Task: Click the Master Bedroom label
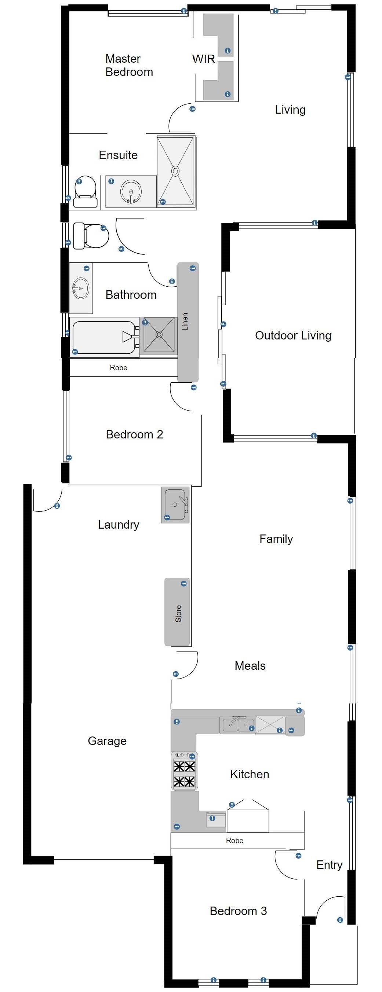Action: [x=129, y=65]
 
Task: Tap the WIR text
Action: [x=204, y=59]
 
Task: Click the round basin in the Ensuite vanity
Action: [x=131, y=191]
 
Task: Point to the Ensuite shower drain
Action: [x=175, y=170]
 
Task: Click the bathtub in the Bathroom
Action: [x=104, y=337]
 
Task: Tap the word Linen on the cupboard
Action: [x=185, y=321]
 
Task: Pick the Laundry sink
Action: [x=175, y=504]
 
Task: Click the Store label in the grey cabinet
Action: [x=178, y=613]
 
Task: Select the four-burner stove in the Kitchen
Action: [x=184, y=771]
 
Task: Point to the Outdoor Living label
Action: [x=293, y=335]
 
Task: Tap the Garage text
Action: [x=107, y=741]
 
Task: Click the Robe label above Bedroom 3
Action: [x=234, y=840]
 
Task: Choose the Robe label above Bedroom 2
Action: [x=118, y=367]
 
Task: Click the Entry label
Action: [x=329, y=865]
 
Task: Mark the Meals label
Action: [x=250, y=665]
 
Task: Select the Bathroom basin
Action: [x=81, y=288]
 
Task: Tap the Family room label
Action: [x=276, y=539]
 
